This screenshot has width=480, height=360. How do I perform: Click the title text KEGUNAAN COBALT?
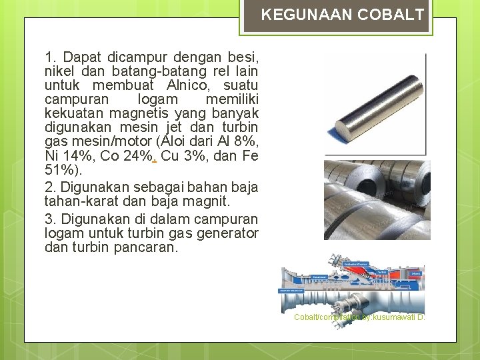click(x=343, y=15)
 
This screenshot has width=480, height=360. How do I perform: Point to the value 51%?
click(x=60, y=169)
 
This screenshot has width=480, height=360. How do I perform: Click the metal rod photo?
click(x=376, y=103)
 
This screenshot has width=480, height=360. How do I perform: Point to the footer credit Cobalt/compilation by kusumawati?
click(x=359, y=317)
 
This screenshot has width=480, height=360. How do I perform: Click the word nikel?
click(x=59, y=71)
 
